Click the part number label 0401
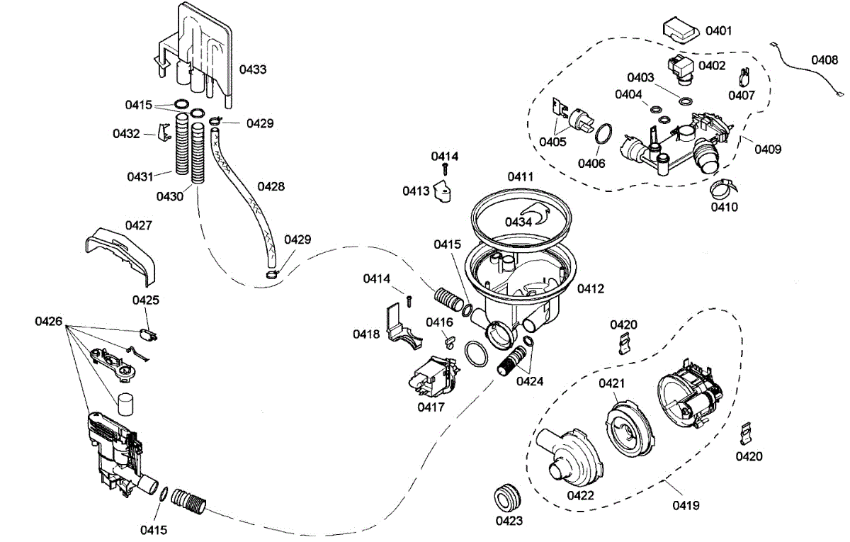pyautogui.click(x=719, y=30)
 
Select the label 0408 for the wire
pyautogui.click(x=824, y=60)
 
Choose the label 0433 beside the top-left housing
pyautogui.click(x=253, y=69)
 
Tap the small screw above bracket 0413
pyautogui.click(x=446, y=169)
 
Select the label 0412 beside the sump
pyautogui.click(x=591, y=288)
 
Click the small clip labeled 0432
pyautogui.click(x=164, y=132)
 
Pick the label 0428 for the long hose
pyautogui.click(x=271, y=186)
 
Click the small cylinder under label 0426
pyautogui.click(x=125, y=404)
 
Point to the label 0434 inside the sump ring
pyautogui.click(x=518, y=222)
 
